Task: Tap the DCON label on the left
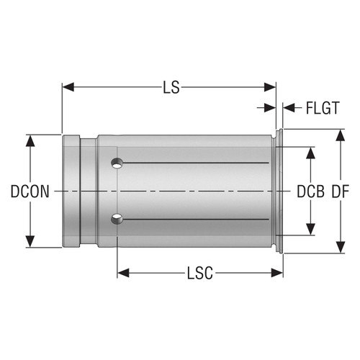(x=30, y=192)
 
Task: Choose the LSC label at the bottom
(x=200, y=274)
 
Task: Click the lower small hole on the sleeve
(x=115, y=217)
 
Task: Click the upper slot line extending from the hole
(x=194, y=165)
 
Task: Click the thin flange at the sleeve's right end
(x=280, y=192)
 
